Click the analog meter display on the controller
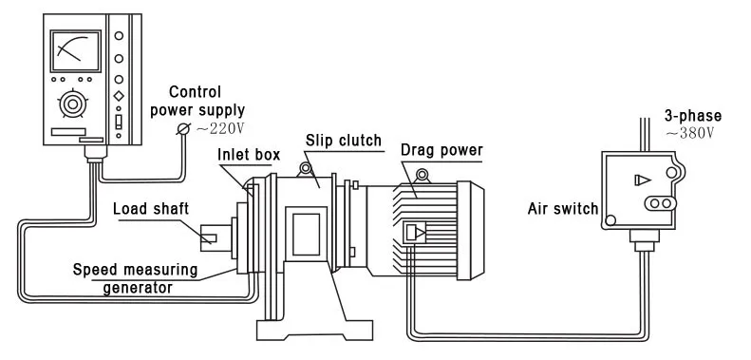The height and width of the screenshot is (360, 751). [x=75, y=50]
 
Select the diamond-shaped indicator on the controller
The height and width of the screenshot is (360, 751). [x=119, y=95]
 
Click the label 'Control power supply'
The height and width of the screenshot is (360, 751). [x=197, y=101]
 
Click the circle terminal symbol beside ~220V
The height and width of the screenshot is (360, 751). [x=183, y=129]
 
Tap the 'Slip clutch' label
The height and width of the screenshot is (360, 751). [x=344, y=141]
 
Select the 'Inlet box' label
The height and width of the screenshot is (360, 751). [x=249, y=155]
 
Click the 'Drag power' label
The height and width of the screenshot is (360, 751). [x=441, y=150]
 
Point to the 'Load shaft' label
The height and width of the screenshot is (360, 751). [x=151, y=209]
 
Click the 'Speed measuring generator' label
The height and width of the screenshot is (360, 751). [x=135, y=278]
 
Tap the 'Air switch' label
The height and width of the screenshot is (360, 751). [x=563, y=209]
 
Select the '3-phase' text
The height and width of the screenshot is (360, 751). [x=692, y=116]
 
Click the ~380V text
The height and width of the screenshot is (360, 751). [x=689, y=132]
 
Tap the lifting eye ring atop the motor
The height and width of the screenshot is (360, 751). [x=422, y=175]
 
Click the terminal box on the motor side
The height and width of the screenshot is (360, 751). [x=415, y=233]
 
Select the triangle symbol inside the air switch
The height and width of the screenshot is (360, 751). [x=642, y=180]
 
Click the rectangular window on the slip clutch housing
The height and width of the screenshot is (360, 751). [x=306, y=235]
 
